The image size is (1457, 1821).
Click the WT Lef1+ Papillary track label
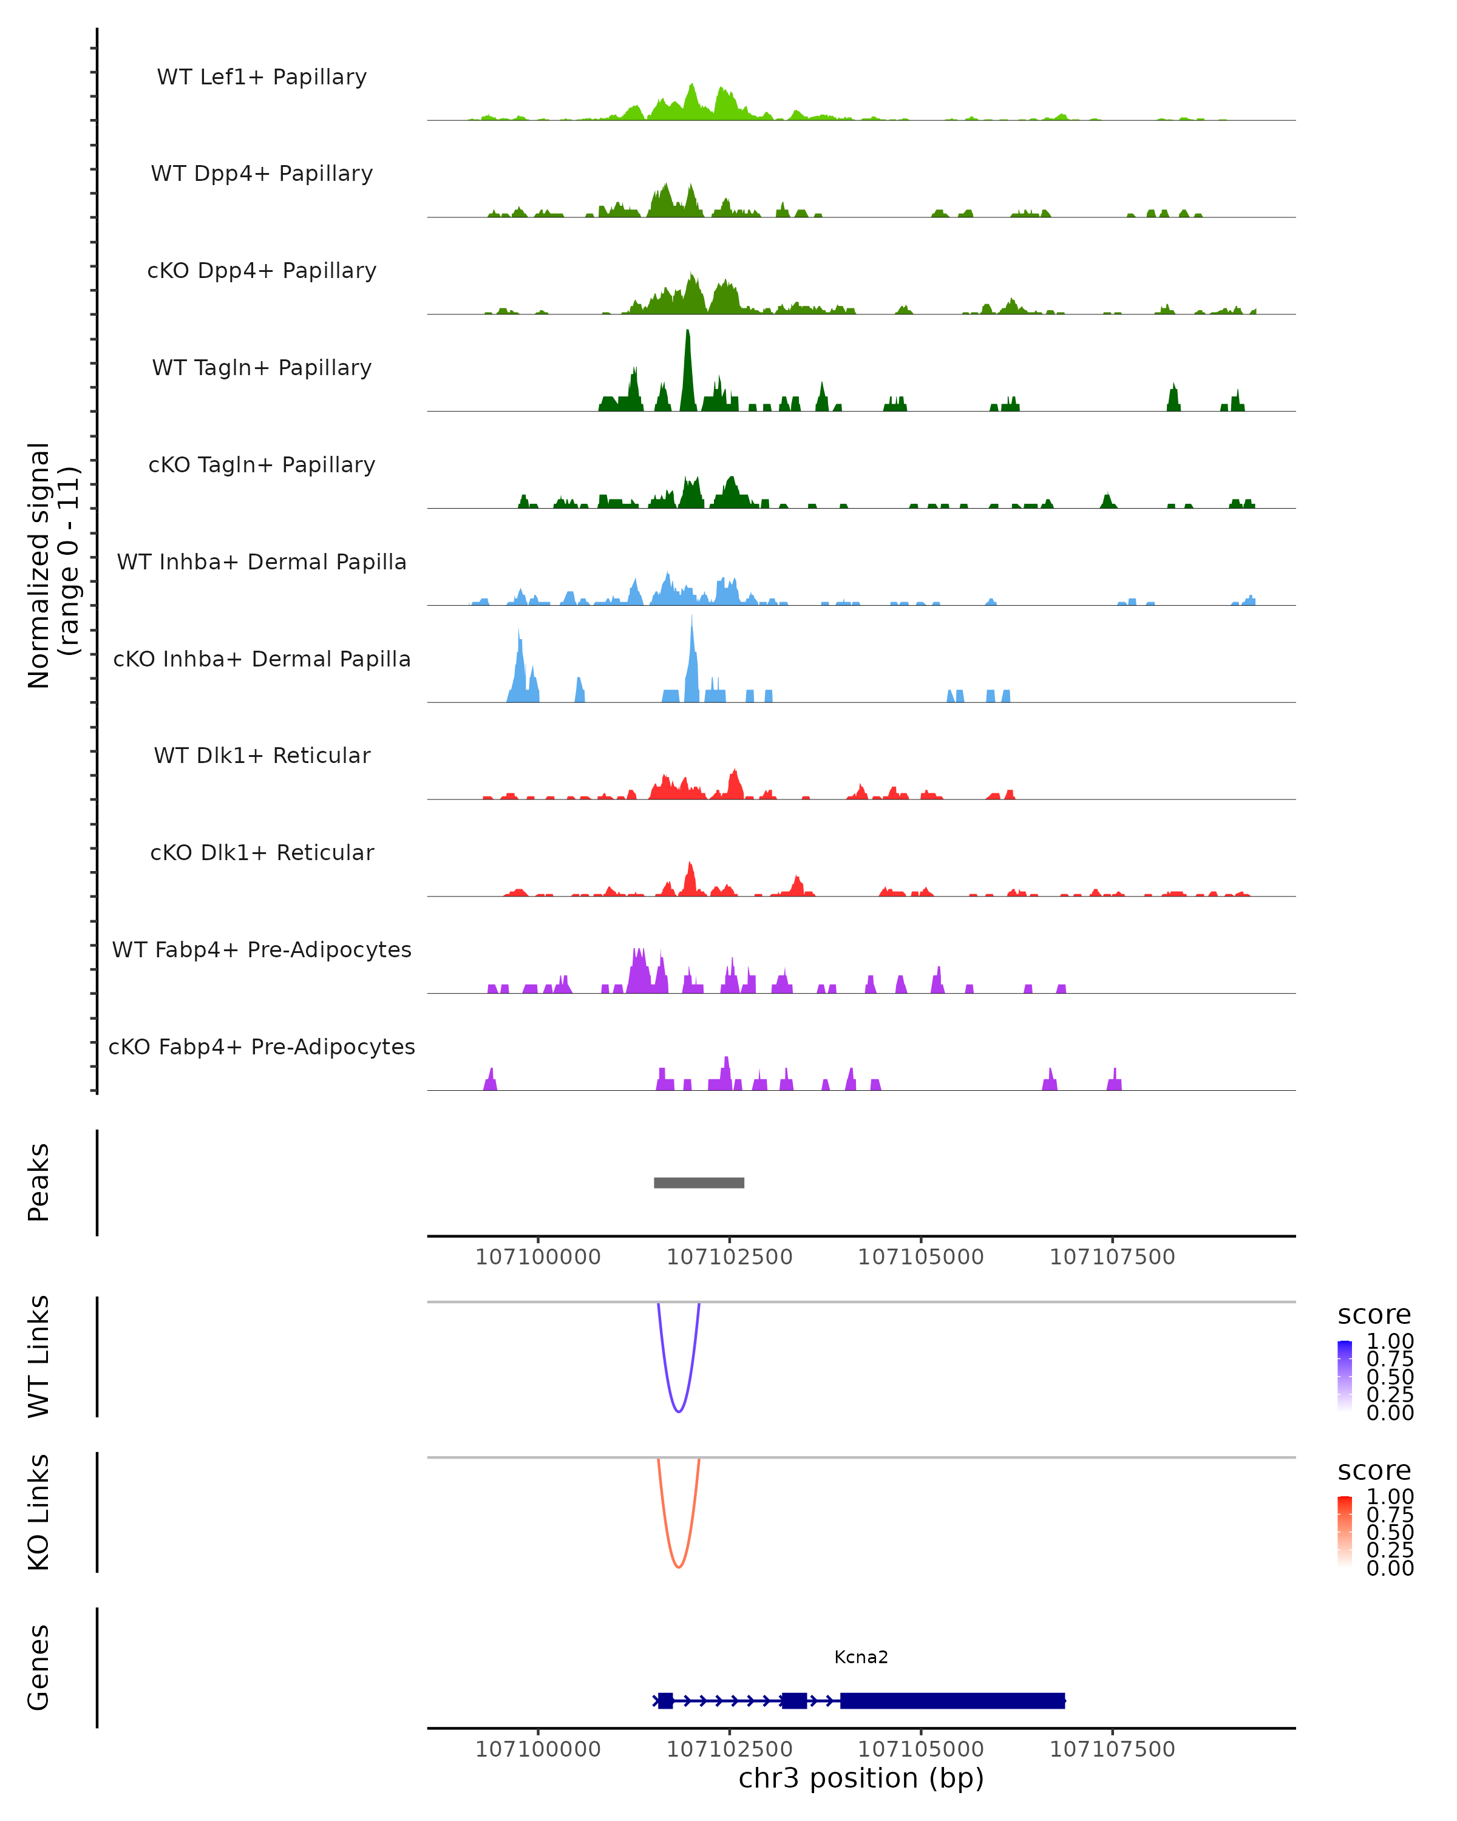262,77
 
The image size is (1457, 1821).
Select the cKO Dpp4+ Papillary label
262,270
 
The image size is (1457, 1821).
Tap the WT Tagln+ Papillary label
262,367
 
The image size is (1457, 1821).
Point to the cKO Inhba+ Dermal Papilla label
262,659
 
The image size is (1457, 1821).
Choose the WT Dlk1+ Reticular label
262,755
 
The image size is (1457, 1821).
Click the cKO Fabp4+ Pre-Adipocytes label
262,1046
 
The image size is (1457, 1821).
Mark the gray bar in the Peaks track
699,1182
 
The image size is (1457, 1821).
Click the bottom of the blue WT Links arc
678,1411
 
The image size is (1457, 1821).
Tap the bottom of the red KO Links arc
678,1566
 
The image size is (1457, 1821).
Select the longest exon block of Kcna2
952,1700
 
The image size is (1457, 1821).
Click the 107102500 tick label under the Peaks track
729,1257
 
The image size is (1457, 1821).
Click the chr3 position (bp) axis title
861,1778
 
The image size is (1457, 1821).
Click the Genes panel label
39,1667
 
